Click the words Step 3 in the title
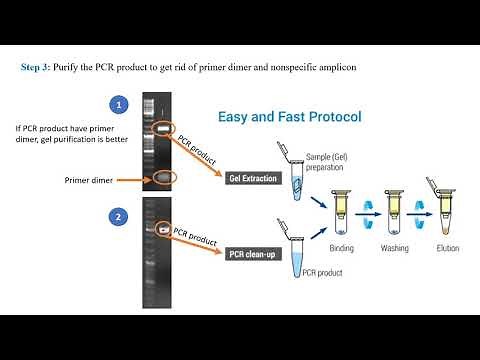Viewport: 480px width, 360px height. click(x=37, y=67)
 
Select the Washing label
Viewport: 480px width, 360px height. click(x=395, y=245)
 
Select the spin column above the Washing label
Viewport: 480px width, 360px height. click(x=395, y=205)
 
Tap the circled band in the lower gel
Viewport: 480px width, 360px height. click(x=160, y=228)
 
